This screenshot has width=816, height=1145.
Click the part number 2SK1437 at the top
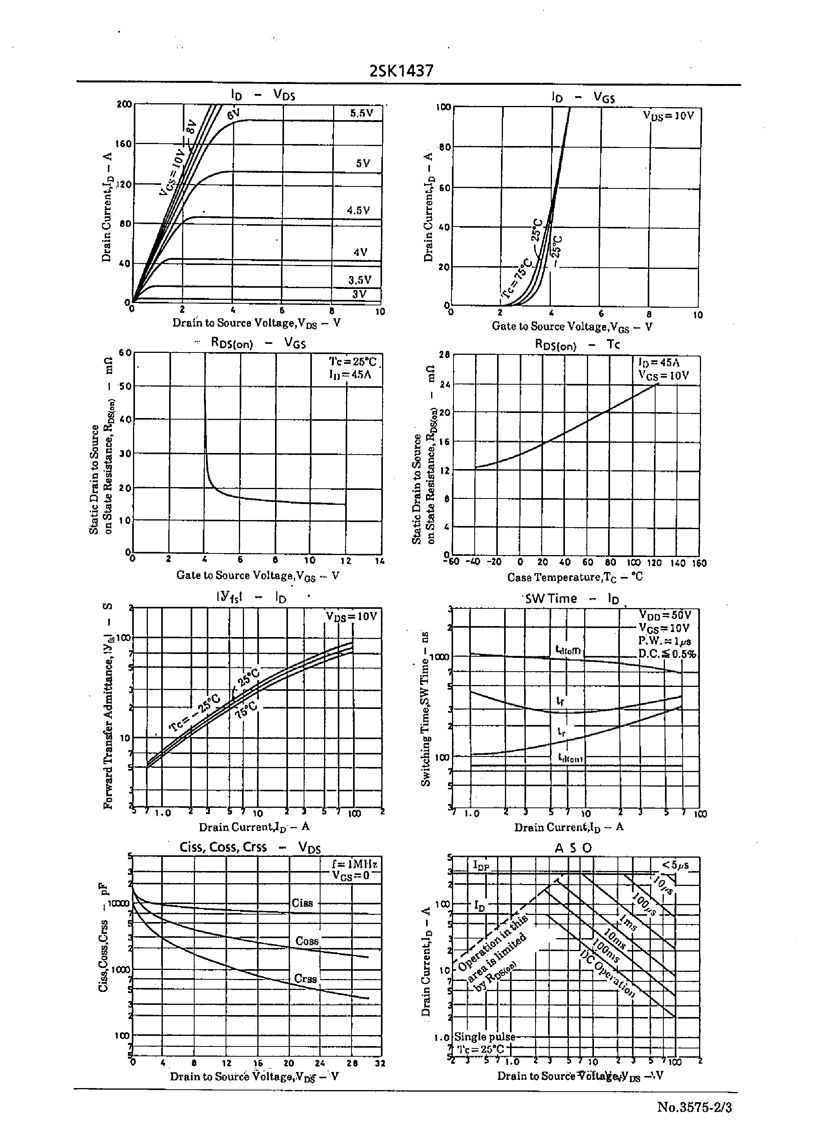(401, 71)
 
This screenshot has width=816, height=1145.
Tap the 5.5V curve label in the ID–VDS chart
(361, 113)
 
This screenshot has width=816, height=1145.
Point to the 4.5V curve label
(358, 211)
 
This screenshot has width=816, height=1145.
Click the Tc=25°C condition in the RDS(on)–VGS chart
(352, 362)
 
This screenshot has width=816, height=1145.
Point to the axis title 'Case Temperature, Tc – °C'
(575, 577)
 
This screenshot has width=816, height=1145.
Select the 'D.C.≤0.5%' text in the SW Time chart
(667, 654)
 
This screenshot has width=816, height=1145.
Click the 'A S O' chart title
(573, 848)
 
